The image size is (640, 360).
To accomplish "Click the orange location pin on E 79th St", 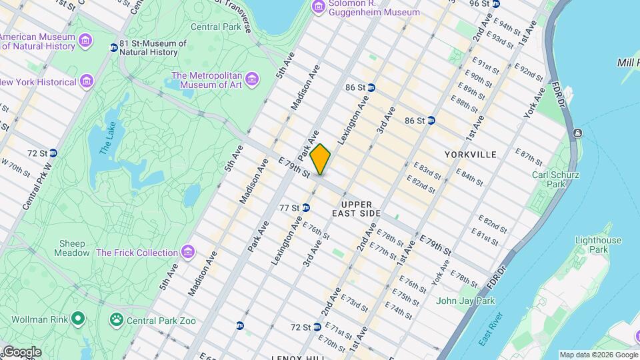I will point(321,159).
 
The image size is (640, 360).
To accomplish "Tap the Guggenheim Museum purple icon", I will point(319,7).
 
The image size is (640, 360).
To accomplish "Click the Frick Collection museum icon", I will point(189,253).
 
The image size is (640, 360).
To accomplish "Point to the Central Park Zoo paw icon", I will point(117,321).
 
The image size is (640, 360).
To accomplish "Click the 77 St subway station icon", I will point(305,208).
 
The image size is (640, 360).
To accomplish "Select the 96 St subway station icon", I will point(495,4).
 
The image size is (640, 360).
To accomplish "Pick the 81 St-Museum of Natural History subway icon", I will point(114,47).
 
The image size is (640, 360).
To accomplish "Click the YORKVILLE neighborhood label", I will point(471,155).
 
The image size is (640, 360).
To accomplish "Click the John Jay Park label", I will point(465,301).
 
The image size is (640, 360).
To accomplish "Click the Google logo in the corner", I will point(21,352).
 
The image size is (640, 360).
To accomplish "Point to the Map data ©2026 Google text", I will point(598,355).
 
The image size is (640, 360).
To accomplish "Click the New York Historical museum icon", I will point(86,82).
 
